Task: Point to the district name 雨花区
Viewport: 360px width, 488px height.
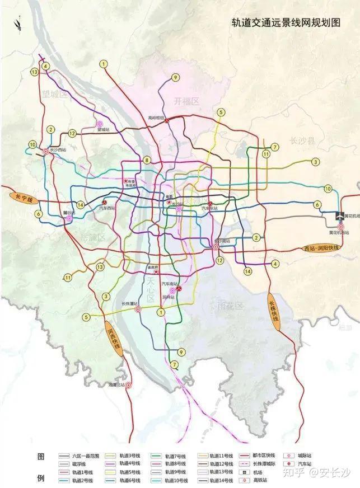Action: (x=230, y=306)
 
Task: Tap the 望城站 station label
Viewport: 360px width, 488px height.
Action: (x=104, y=129)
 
